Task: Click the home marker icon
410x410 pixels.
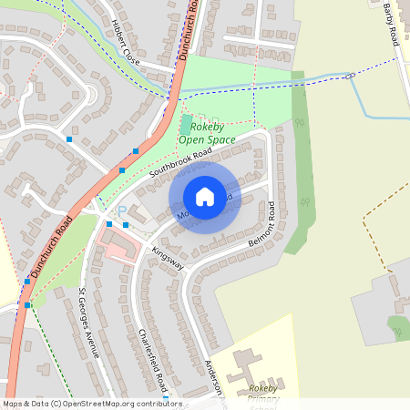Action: click(x=205, y=198)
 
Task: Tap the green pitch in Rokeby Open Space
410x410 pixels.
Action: click(x=187, y=125)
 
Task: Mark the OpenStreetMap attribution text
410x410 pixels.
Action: click(x=92, y=404)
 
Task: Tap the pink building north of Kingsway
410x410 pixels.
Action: click(x=128, y=247)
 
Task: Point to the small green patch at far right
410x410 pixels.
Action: click(x=398, y=324)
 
